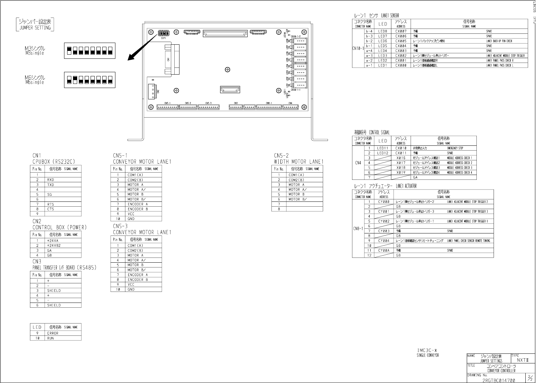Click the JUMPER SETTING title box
[x=35, y=24]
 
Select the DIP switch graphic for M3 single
[x=90, y=51]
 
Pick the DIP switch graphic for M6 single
[x=90, y=80]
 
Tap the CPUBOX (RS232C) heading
[x=54, y=162]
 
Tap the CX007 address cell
[x=401, y=31]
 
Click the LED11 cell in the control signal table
[x=383, y=148]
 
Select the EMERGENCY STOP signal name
[x=455, y=148]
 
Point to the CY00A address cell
[x=384, y=251]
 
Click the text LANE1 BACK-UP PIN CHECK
[x=499, y=41]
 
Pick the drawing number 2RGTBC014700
[x=498, y=380]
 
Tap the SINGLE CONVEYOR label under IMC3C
[x=427, y=355]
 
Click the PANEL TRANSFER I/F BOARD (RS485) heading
[x=64, y=267]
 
